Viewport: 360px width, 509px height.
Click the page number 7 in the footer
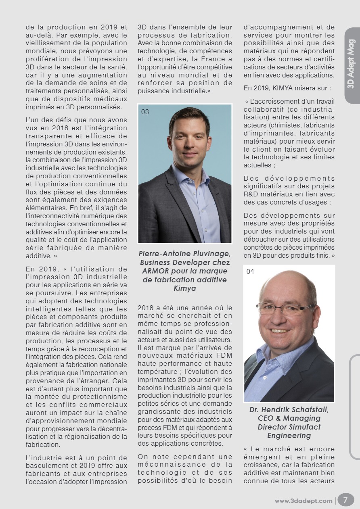click(x=345, y=500)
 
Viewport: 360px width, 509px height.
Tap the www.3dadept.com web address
click(x=303, y=501)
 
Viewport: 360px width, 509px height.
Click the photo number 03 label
click(x=145, y=112)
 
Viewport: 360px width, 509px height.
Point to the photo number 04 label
click(x=250, y=271)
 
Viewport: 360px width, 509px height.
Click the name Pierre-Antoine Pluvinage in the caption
click(x=184, y=254)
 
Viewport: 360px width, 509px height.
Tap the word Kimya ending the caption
click(x=184, y=288)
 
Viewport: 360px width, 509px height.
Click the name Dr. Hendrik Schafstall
click(x=289, y=409)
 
